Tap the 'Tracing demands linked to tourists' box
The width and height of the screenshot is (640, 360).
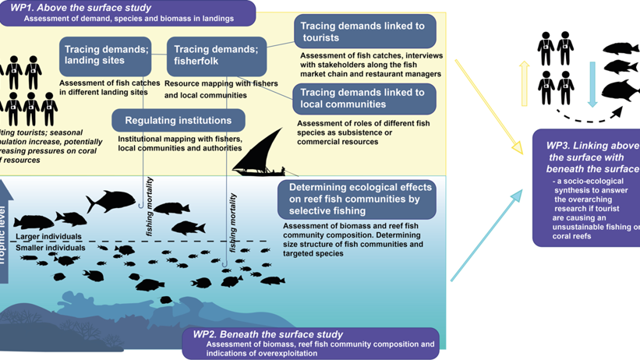tap(365, 32)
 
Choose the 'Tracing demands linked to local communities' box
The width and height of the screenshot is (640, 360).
tap(365, 99)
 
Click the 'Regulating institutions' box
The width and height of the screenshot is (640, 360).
tap(179, 121)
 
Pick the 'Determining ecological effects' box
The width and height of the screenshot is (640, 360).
tap(355, 199)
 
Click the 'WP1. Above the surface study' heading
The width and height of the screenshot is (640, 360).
tap(70, 7)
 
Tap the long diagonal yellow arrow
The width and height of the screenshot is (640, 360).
tap(487, 106)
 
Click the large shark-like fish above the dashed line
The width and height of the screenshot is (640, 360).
tap(111, 201)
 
